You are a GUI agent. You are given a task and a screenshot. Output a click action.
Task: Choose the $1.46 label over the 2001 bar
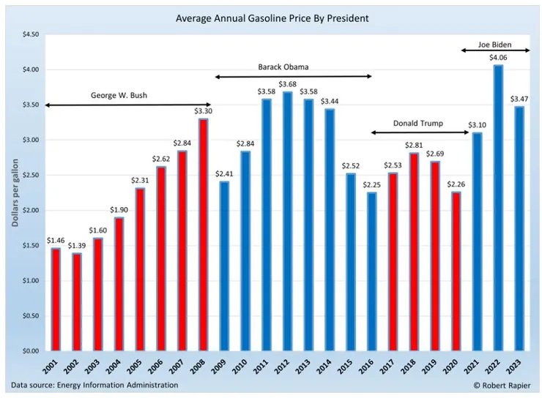pyautogui.click(x=55, y=239)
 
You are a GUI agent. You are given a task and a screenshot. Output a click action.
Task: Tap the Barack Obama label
pyautogui.click(x=283, y=67)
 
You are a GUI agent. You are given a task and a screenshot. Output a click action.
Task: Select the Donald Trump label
pyautogui.click(x=418, y=124)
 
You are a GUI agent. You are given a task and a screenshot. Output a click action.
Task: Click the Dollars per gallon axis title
pyautogui.click(x=15, y=192)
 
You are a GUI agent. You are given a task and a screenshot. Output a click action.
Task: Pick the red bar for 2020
pyautogui.click(x=456, y=271)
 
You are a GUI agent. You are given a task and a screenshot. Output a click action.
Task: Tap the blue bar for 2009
pyautogui.click(x=223, y=266)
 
